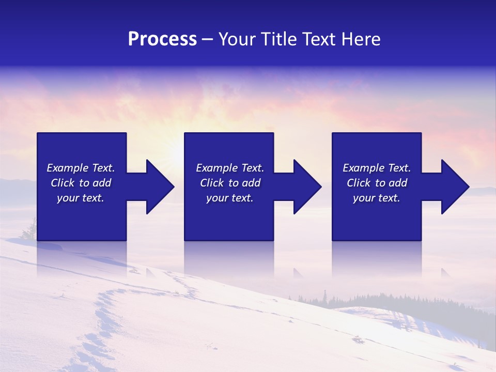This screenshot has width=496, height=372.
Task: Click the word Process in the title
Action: click(162, 39)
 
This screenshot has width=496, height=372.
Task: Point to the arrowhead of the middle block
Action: click(306, 187)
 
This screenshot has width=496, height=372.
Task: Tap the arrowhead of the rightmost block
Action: click(454, 187)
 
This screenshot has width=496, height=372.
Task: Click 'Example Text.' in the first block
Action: click(81, 168)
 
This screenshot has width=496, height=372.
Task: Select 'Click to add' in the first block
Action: click(81, 183)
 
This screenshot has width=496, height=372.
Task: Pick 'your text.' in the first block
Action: click(81, 198)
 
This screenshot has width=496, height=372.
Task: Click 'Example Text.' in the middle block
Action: click(230, 168)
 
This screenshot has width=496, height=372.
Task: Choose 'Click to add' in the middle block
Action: click(230, 183)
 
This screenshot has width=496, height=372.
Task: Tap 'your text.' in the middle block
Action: click(230, 198)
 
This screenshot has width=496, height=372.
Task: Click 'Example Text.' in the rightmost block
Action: click(377, 168)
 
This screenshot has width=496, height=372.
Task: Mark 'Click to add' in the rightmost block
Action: click(377, 183)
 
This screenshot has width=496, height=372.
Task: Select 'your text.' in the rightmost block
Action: click(377, 198)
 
